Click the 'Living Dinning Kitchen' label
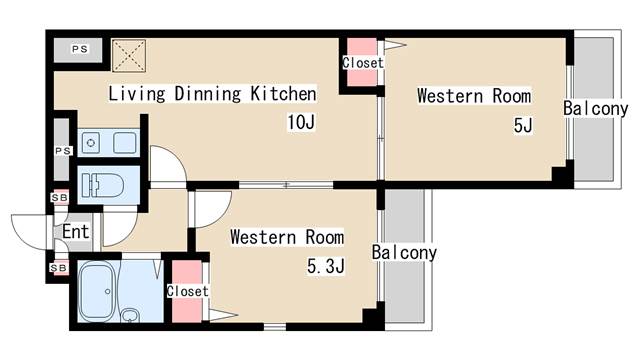(x=212, y=93)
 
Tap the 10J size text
(x=301, y=122)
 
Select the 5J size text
(x=523, y=125)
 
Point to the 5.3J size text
(x=326, y=267)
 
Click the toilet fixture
(x=102, y=186)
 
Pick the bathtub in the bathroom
(x=96, y=291)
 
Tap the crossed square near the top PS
(x=129, y=56)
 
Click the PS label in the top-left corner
(x=80, y=49)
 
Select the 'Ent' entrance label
(x=76, y=232)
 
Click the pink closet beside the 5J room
(x=362, y=62)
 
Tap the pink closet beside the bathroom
(x=187, y=291)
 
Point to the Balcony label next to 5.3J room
(x=404, y=253)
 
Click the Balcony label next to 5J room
(x=596, y=109)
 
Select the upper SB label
(x=60, y=198)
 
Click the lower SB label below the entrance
(x=59, y=268)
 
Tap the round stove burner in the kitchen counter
(x=91, y=143)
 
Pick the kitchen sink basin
(x=125, y=143)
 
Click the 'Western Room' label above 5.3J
(x=287, y=237)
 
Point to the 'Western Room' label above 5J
(x=474, y=96)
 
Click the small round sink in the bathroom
(x=130, y=316)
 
